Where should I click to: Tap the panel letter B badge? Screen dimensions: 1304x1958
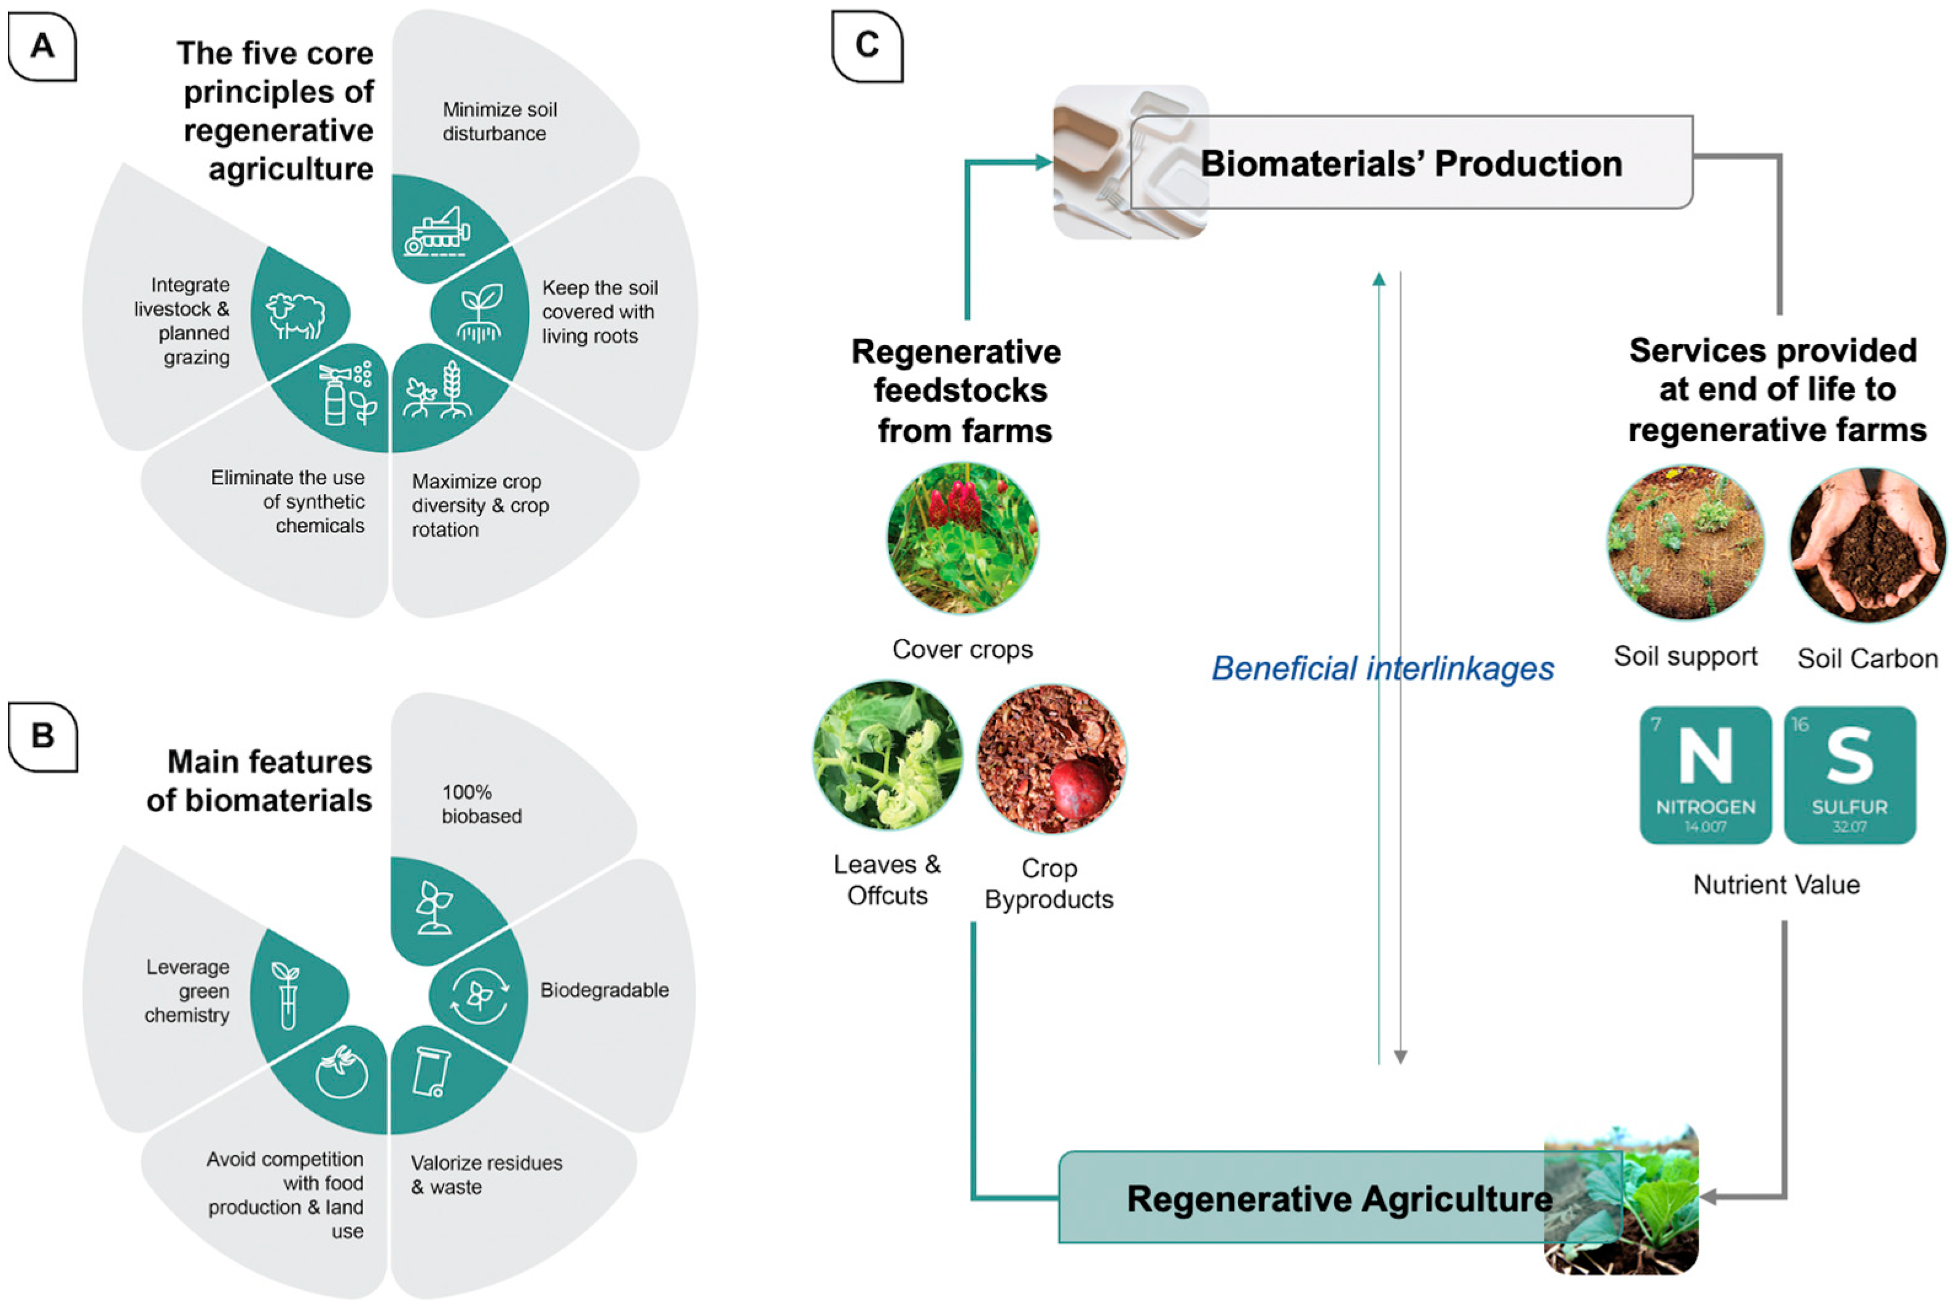[x=42, y=736]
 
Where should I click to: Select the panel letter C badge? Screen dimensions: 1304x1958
[x=867, y=45]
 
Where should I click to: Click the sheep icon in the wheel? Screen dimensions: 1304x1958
[x=296, y=315]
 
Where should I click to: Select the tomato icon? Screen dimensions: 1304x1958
[x=341, y=1073]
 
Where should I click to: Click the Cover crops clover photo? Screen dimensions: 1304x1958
[x=962, y=538]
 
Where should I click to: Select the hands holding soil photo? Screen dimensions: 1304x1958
[x=1867, y=545]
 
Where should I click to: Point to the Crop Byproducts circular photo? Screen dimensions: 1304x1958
[x=1051, y=759]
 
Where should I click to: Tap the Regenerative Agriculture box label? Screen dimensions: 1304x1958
[x=1339, y=1198]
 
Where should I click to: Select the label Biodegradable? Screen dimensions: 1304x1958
[x=604, y=990]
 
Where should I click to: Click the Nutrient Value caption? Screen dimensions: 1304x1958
[x=1776, y=884]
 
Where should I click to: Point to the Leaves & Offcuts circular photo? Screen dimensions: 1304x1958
[x=887, y=755]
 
